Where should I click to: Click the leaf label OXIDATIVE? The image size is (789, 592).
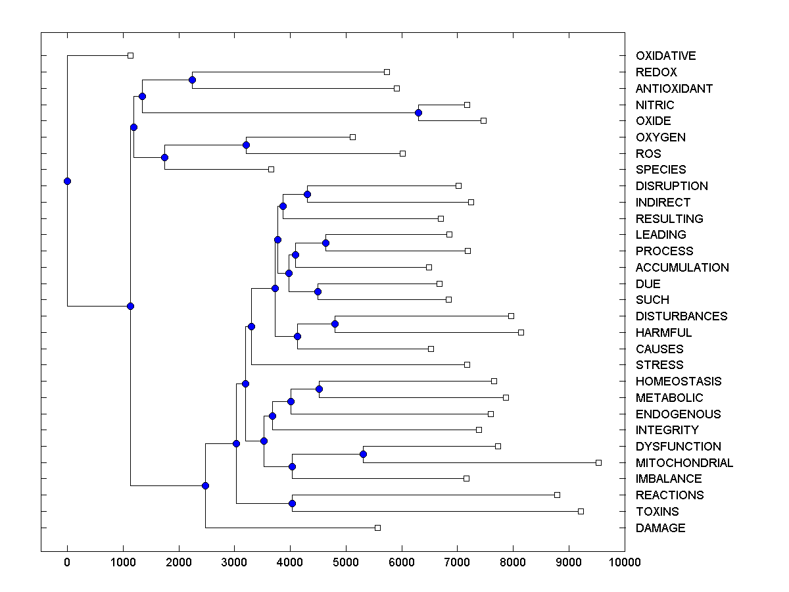click(665, 56)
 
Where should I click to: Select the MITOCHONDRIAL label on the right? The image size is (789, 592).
click(684, 463)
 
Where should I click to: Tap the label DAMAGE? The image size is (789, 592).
click(660, 528)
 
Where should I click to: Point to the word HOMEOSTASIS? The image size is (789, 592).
click(678, 382)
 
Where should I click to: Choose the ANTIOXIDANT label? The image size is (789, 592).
click(674, 89)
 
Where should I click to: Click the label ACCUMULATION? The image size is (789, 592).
click(682, 268)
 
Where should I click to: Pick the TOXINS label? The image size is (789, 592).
click(657, 512)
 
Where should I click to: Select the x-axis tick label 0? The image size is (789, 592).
click(67, 562)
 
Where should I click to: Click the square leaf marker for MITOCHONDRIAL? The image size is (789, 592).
click(598, 462)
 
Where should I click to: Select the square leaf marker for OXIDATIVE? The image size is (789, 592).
click(130, 55)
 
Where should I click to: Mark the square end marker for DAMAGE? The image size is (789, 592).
click(377, 528)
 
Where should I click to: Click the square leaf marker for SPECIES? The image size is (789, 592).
click(271, 169)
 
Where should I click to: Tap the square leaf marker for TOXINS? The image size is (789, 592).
click(581, 511)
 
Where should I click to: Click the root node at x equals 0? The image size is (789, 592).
click(67, 181)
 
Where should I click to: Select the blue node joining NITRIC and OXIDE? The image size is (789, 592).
click(418, 112)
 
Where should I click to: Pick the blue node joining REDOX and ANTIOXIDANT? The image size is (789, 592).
click(192, 80)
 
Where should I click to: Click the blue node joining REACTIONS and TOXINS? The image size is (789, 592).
click(292, 503)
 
